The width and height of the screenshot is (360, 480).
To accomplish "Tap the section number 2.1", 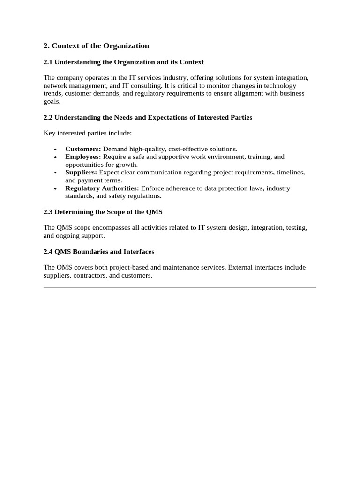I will coord(48,62).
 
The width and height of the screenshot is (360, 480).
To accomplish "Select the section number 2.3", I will coord(48,212).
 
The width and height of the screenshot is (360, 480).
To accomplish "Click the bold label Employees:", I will coord(83,157).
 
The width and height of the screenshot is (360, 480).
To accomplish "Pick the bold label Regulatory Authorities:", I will coord(102,188).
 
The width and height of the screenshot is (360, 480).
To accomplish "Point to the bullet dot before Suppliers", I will coord(56,173).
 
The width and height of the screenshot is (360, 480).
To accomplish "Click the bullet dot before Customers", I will coord(56,149).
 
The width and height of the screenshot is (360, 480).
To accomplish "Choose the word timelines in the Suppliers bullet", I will coord(290,172).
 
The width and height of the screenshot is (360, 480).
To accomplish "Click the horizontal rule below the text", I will coord(180,287).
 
